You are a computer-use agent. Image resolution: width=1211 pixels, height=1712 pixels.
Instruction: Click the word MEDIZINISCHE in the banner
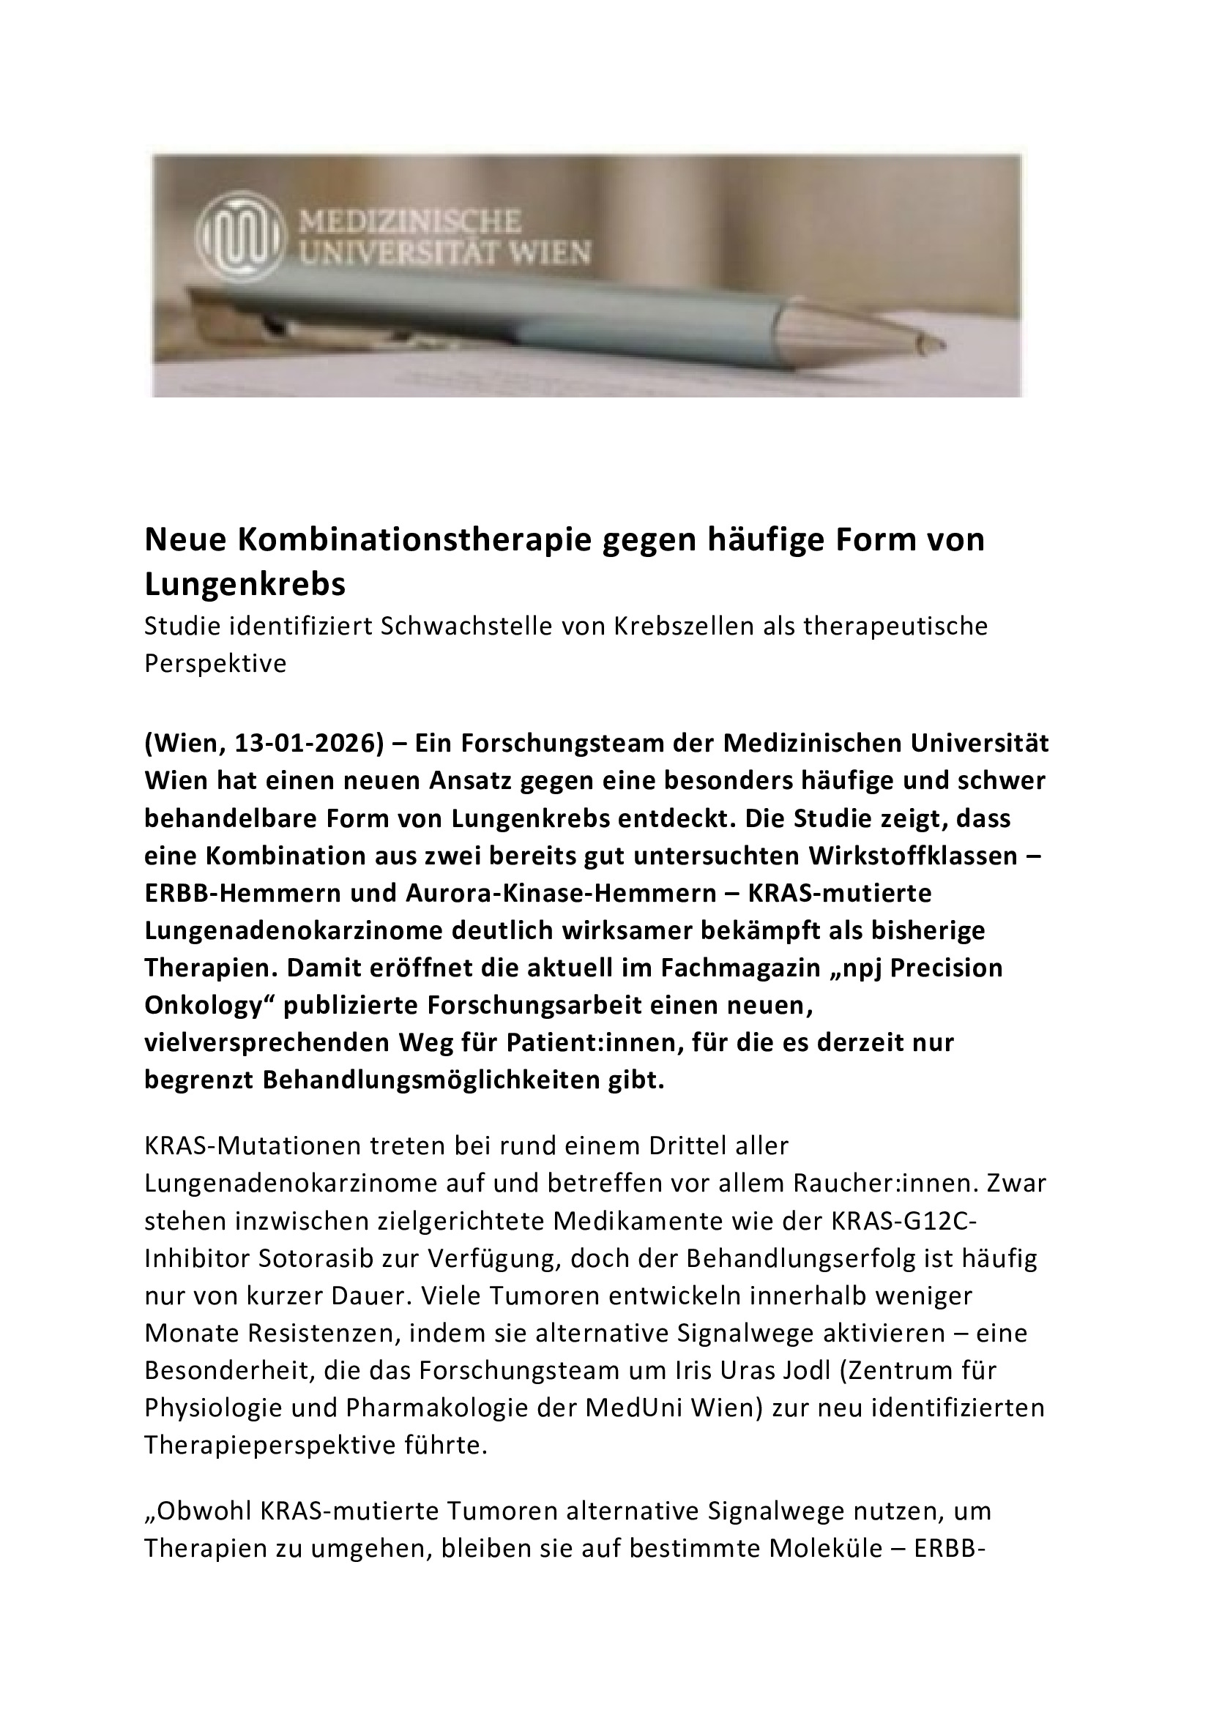pos(408,222)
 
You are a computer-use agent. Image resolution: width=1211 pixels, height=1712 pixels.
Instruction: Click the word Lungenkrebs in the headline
pos(245,586)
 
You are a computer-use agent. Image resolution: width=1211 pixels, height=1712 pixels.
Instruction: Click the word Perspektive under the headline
pos(215,664)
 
